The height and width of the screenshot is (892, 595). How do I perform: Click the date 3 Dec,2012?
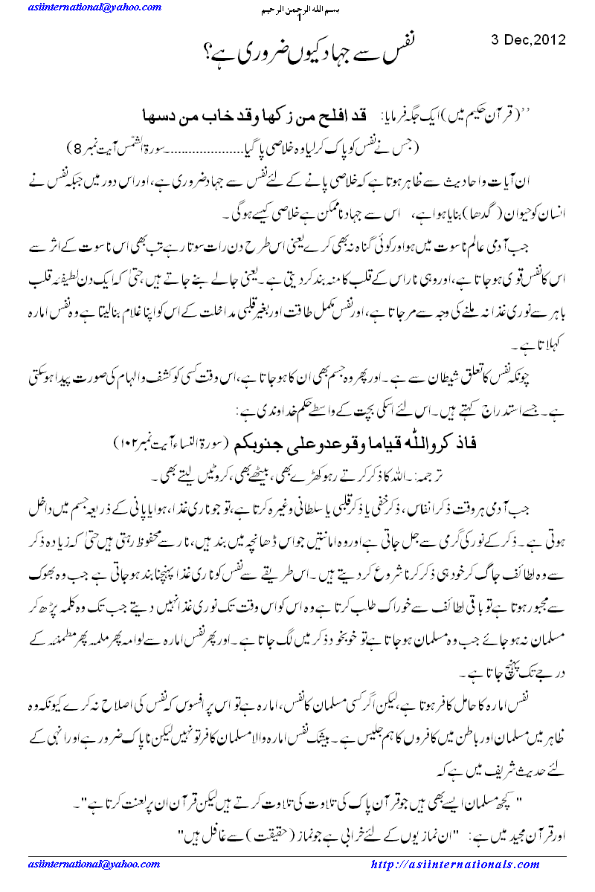pos(529,39)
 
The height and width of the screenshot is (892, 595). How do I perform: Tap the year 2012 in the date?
pos(551,39)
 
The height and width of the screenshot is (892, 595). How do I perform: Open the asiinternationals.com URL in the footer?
pos(455,864)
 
